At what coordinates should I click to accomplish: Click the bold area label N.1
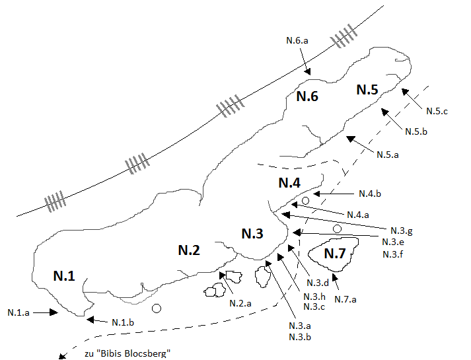click(64, 275)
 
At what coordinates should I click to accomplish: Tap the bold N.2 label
click(189, 250)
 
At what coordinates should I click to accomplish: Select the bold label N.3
click(252, 233)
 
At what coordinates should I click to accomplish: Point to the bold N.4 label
click(289, 182)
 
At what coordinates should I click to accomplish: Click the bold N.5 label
click(367, 89)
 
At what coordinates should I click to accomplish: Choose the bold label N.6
click(307, 96)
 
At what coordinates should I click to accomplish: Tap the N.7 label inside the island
click(335, 254)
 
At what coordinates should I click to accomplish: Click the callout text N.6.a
click(297, 40)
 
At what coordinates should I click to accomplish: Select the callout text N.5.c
click(437, 112)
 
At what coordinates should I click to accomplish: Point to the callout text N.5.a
click(388, 155)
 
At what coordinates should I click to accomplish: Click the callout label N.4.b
click(370, 194)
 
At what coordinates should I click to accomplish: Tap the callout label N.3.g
click(402, 231)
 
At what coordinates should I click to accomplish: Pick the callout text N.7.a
click(345, 299)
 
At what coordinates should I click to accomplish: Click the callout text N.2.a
click(240, 303)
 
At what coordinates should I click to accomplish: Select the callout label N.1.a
click(18, 312)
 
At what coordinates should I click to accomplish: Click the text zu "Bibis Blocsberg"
click(127, 353)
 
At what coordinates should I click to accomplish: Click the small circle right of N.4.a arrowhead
click(305, 201)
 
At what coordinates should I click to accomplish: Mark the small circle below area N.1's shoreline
click(157, 308)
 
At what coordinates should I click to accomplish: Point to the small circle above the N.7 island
click(338, 229)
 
